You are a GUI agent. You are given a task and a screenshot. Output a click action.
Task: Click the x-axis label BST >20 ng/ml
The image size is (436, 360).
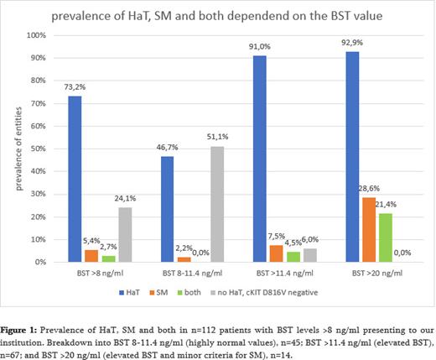369,273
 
